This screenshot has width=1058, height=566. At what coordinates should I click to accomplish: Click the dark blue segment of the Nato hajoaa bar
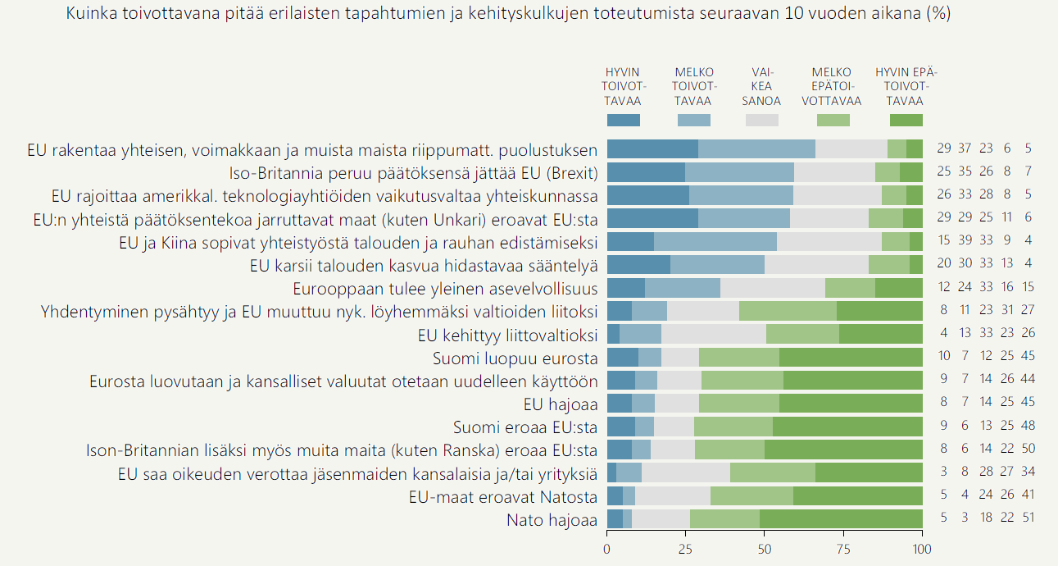(615, 519)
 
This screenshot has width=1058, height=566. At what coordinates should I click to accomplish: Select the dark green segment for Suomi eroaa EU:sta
(847, 427)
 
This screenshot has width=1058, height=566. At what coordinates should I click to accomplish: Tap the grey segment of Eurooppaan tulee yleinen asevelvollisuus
(773, 288)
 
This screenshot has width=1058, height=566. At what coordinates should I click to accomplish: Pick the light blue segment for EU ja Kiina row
(715, 242)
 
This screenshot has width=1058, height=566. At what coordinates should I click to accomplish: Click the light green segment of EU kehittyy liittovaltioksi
(802, 335)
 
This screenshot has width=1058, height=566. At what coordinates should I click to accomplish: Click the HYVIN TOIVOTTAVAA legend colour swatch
(623, 120)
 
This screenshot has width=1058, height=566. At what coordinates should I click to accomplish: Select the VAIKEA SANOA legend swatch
(761, 120)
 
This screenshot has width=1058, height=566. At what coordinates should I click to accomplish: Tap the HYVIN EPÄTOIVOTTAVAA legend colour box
(906, 120)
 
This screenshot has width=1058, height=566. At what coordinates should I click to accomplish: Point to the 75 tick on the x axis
(844, 548)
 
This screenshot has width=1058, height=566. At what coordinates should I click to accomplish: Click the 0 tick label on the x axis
(607, 548)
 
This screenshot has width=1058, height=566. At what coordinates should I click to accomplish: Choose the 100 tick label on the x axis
(923, 548)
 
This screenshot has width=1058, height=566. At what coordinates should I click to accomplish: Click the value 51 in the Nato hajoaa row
(1028, 519)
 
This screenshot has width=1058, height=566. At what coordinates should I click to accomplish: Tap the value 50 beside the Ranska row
(1028, 450)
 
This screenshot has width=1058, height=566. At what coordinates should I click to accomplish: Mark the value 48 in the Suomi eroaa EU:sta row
(1028, 427)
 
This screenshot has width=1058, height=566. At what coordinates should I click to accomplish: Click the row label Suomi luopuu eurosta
(515, 358)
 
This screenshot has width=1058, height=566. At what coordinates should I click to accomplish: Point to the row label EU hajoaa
(561, 404)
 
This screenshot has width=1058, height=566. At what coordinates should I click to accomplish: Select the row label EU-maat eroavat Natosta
(503, 496)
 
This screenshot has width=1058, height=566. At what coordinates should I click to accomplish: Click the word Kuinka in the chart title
(91, 15)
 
